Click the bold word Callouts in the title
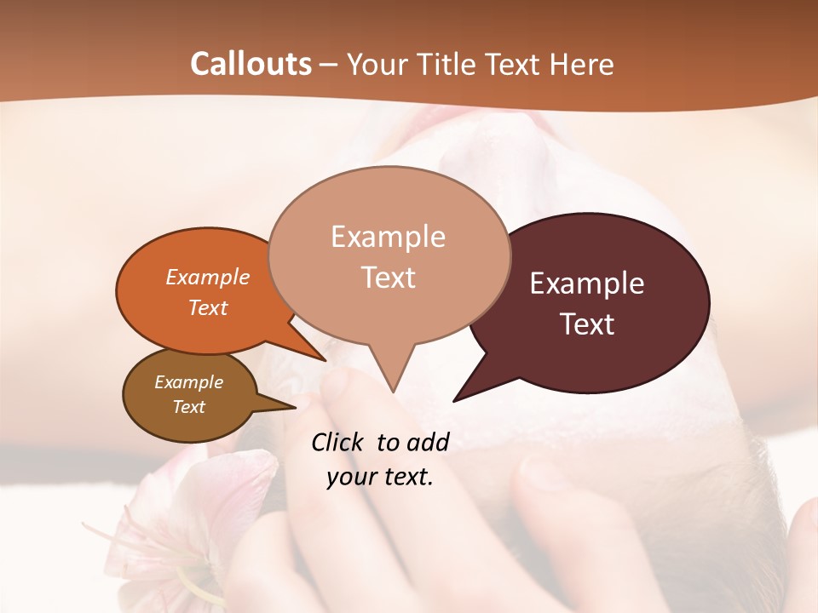click(251, 64)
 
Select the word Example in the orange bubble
click(208, 277)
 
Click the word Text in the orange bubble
click(208, 307)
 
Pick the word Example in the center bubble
click(388, 237)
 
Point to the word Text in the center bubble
click(388, 278)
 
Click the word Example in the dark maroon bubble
click(587, 284)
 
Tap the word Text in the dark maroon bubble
click(587, 324)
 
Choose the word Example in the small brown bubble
click(188, 382)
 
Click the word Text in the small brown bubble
click(188, 407)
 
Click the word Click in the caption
click(339, 442)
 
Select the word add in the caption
click(428, 442)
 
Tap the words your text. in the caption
click(380, 477)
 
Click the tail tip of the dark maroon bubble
click(455, 399)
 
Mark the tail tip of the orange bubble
click(325, 360)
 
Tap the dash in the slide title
click(329, 65)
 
